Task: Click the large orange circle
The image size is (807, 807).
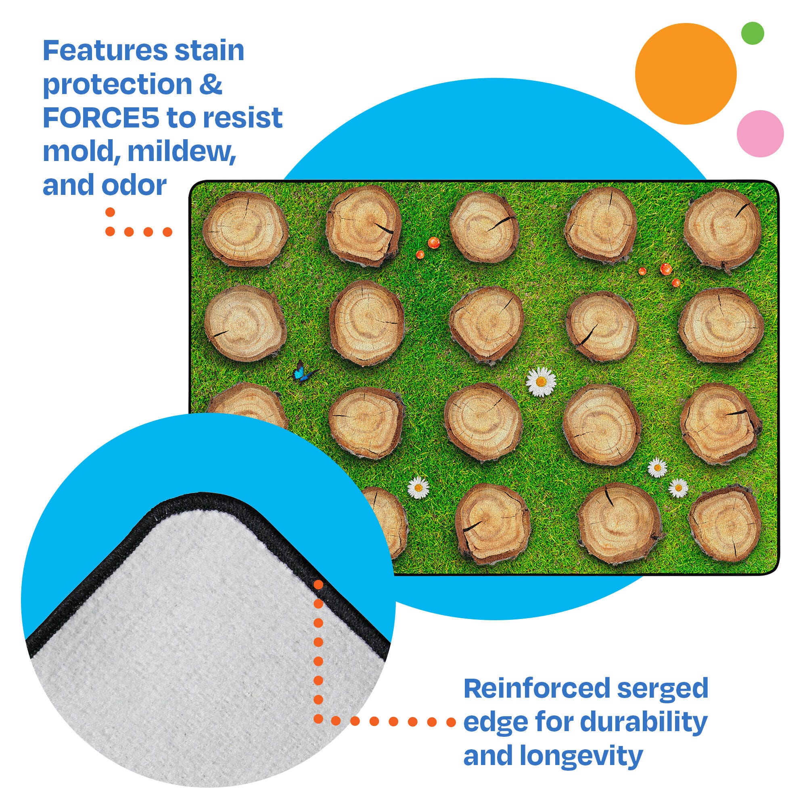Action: click(686, 74)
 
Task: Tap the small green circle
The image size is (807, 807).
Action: click(752, 33)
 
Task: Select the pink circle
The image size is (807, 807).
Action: click(760, 134)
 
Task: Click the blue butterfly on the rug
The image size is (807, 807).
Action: click(304, 371)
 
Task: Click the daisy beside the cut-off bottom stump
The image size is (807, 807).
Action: click(418, 487)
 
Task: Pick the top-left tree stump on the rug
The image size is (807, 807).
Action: click(246, 230)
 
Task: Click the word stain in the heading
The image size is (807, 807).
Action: click(209, 50)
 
